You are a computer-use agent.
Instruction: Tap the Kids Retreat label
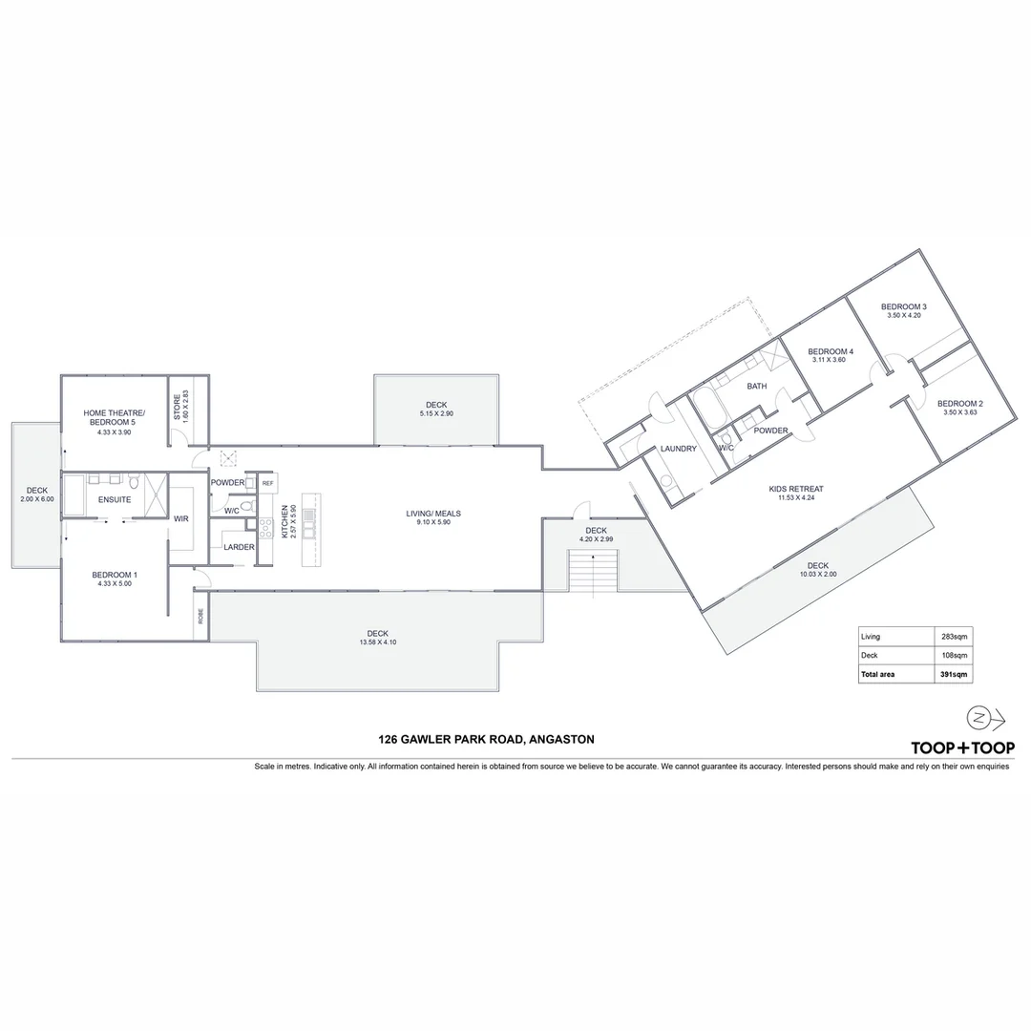pyautogui.click(x=795, y=489)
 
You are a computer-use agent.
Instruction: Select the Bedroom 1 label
pyautogui.click(x=115, y=575)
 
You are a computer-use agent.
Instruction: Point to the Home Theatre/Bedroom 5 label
pyautogui.click(x=115, y=417)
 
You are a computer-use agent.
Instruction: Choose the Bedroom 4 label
pyautogui.click(x=830, y=351)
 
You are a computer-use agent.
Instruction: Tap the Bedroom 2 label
pyautogui.click(x=959, y=404)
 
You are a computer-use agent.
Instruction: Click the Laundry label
pyautogui.click(x=678, y=449)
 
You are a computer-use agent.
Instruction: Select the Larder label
pyautogui.click(x=238, y=547)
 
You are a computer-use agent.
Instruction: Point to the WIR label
pyautogui.click(x=180, y=518)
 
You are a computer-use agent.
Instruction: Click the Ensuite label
pyautogui.click(x=114, y=499)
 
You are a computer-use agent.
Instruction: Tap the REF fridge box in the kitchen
pyautogui.click(x=267, y=484)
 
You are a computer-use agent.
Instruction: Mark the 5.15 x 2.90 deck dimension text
pyautogui.click(x=435, y=413)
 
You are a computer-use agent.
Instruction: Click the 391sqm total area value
pyautogui.click(x=955, y=674)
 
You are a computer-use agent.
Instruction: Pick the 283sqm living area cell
pyautogui.click(x=955, y=637)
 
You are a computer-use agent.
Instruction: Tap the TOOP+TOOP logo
pyautogui.click(x=962, y=747)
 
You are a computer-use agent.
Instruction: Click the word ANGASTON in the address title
pyautogui.click(x=560, y=739)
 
